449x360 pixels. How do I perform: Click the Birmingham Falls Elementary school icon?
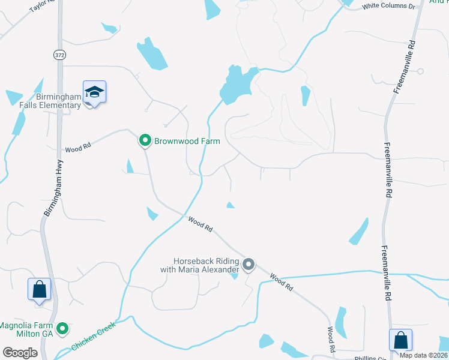point(94,92)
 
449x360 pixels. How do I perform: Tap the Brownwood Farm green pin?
point(145,141)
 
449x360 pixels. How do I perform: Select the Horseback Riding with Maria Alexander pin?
point(249,264)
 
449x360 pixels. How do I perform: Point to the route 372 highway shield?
point(59,55)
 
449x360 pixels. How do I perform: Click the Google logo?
point(20,353)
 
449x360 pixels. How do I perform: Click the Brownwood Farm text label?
point(187,142)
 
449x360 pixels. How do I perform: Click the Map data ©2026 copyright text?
point(424,355)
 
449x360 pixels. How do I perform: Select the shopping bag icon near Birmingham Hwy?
point(40,289)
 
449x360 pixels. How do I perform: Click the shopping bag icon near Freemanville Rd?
point(400,340)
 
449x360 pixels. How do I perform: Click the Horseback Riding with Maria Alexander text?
point(206,266)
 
